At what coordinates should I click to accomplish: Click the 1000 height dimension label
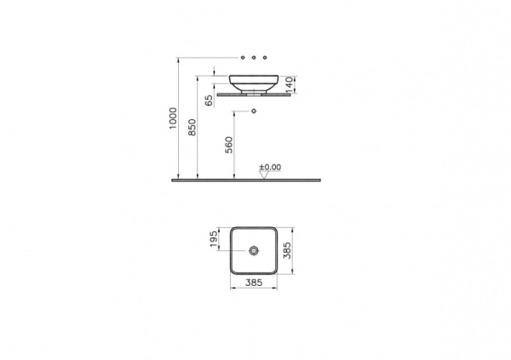click(x=172, y=118)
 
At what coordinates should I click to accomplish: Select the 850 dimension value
click(x=192, y=127)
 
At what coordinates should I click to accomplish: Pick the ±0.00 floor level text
click(x=270, y=167)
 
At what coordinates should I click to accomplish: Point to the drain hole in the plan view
click(x=255, y=252)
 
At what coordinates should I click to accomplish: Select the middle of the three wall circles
click(x=255, y=56)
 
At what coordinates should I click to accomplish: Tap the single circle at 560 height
click(x=255, y=111)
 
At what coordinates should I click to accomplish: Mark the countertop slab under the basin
click(x=255, y=94)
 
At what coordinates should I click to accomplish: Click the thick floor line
click(x=247, y=180)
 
